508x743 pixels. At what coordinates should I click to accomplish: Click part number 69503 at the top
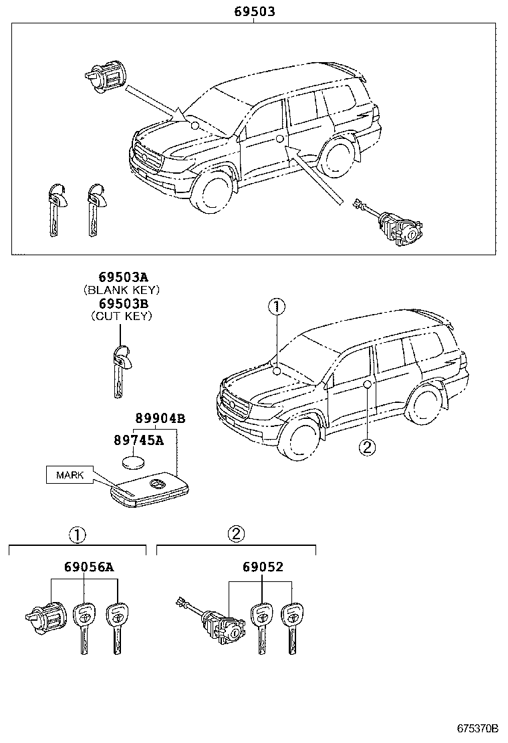pos(253,11)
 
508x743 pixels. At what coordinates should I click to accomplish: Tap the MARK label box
pos(70,475)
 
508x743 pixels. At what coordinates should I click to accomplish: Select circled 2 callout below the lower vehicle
pos(366,447)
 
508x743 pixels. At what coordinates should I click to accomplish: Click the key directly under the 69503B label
pos(120,371)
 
